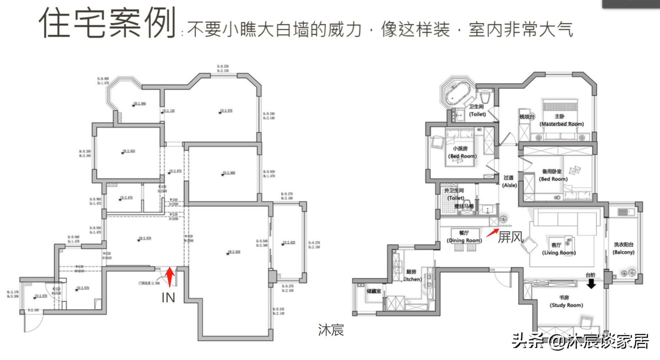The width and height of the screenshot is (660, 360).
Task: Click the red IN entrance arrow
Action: (x=169, y=276)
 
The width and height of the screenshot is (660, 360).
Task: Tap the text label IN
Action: (x=168, y=298)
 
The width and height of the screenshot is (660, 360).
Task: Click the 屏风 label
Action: (x=511, y=237)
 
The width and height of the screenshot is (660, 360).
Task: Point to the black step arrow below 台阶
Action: (x=591, y=284)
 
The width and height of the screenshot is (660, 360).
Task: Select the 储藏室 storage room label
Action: (x=373, y=291)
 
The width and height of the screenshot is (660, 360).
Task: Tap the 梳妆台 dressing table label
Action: (x=527, y=117)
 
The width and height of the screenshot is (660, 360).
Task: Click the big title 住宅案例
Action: (x=107, y=23)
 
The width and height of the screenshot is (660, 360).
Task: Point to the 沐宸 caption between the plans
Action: (x=331, y=330)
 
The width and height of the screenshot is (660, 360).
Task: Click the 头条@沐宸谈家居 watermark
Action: (x=580, y=341)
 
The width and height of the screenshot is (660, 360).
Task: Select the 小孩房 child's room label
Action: (x=460, y=148)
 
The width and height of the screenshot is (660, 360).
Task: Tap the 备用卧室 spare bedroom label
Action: (x=551, y=171)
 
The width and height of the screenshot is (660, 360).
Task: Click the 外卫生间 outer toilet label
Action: (x=454, y=190)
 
